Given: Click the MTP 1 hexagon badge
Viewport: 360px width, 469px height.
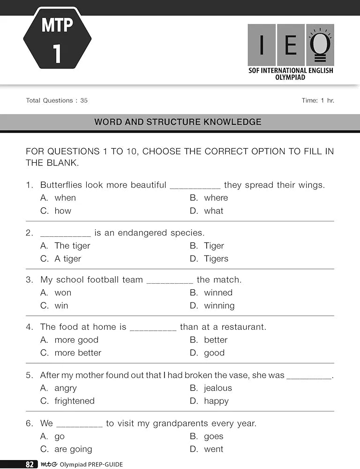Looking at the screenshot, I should click(x=57, y=38).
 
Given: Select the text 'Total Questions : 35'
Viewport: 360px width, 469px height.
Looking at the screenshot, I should click(x=57, y=100).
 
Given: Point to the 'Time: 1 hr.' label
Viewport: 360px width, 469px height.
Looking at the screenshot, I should click(x=318, y=100).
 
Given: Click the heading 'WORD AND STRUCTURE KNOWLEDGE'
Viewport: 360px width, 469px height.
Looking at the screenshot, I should click(x=178, y=122).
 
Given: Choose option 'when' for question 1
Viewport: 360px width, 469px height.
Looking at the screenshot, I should click(x=65, y=198).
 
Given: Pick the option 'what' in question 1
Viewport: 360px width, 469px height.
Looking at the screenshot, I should click(x=214, y=211).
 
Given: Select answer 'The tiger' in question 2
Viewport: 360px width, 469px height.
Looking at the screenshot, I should click(x=72, y=246).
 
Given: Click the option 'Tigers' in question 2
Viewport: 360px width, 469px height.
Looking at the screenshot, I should click(x=216, y=259).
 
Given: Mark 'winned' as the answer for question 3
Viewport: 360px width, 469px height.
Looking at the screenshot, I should click(x=218, y=293).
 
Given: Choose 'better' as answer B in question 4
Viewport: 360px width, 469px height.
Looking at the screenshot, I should click(x=216, y=340).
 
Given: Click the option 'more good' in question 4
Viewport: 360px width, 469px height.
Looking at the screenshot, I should click(x=76, y=340).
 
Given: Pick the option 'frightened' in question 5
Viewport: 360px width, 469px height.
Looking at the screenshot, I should click(x=75, y=401).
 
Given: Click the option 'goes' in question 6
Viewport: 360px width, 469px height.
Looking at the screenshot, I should click(x=213, y=436).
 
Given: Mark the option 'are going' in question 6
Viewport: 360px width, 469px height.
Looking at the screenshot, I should click(x=73, y=449).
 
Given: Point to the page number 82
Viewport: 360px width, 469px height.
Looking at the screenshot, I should click(x=30, y=464).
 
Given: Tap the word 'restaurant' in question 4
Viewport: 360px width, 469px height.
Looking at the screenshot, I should click(x=243, y=327).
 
